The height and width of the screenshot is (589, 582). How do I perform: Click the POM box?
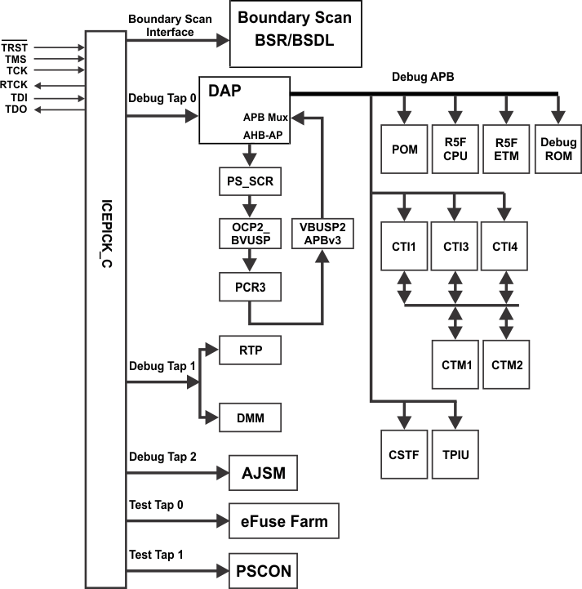point(405,149)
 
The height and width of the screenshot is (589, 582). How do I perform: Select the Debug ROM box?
point(558,149)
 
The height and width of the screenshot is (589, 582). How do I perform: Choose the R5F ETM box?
point(507,149)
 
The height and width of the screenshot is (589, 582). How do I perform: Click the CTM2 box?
point(507,362)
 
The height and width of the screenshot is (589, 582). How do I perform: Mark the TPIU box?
point(455,454)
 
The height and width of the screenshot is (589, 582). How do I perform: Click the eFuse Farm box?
point(283,521)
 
